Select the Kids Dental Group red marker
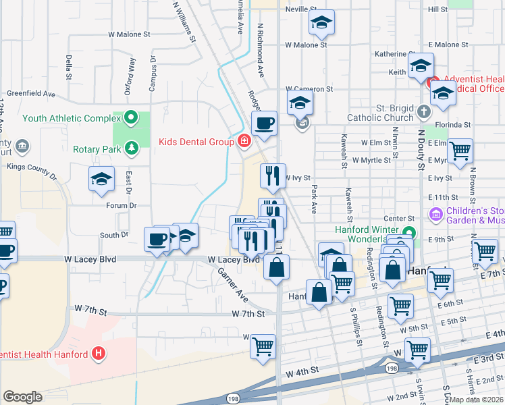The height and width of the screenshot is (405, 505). (243, 141)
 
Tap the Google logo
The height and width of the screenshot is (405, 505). (22, 397)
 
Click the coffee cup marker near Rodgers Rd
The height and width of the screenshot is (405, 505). (264, 124)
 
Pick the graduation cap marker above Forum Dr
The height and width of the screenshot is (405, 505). (101, 179)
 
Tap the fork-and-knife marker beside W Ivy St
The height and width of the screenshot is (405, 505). (273, 176)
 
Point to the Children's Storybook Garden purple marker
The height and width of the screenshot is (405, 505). (435, 215)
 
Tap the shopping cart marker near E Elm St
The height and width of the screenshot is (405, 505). (460, 152)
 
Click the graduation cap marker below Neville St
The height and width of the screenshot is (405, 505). (322, 23)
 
